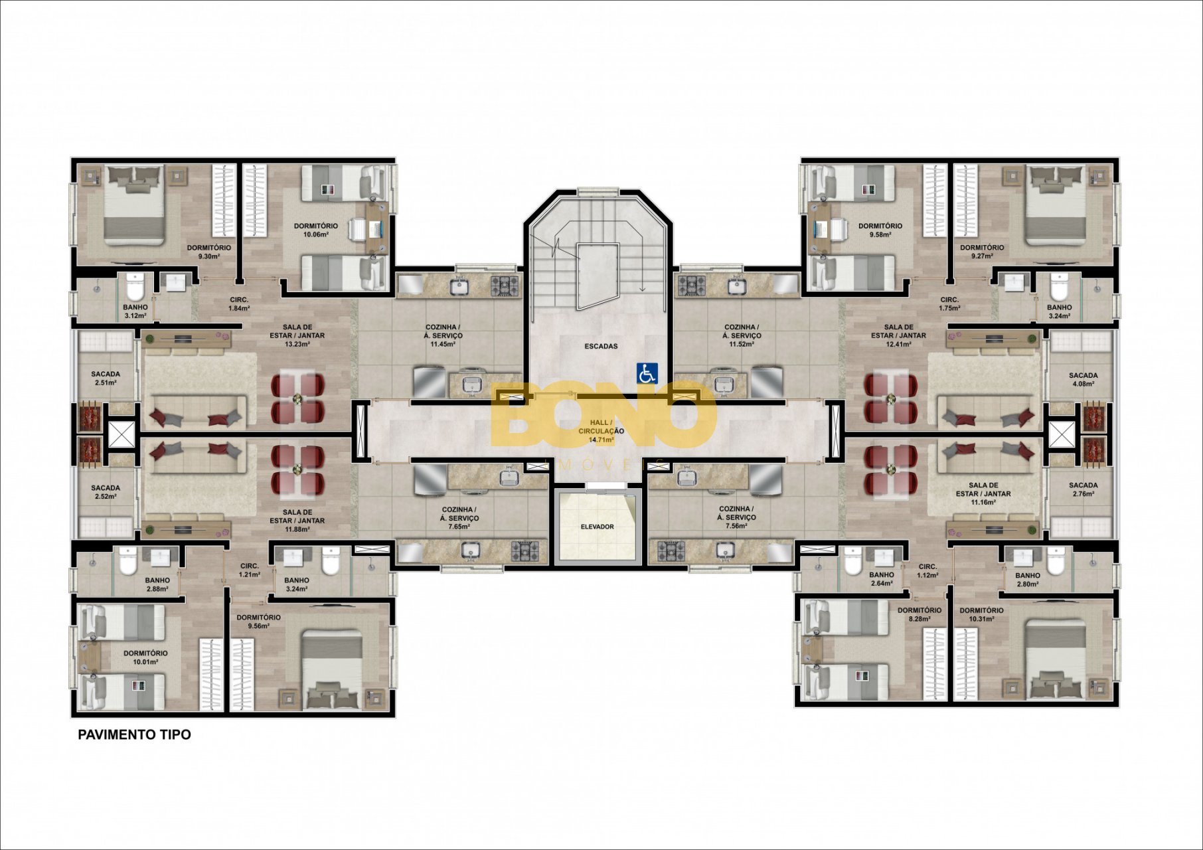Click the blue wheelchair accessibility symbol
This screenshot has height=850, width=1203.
[x=647, y=373]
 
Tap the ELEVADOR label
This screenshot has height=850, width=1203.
[x=597, y=527]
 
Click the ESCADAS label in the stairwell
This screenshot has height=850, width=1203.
[x=601, y=346]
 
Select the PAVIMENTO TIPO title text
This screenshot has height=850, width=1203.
[x=134, y=734]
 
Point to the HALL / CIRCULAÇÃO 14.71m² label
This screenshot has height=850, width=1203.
[x=601, y=431]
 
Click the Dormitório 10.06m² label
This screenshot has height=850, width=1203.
[x=316, y=230]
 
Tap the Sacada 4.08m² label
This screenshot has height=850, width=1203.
[x=1083, y=379]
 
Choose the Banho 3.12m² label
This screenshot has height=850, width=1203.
[x=135, y=311]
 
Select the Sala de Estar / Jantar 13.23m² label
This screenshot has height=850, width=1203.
[x=297, y=335]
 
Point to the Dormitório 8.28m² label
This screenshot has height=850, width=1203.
[x=919, y=614]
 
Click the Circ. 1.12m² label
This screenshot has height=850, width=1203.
[x=927, y=571]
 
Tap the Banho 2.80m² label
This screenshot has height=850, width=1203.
[x=1027, y=580]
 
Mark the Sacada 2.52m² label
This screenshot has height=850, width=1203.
[x=106, y=491]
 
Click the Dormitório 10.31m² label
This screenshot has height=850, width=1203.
[x=981, y=614]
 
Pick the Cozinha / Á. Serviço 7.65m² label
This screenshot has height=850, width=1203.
[x=459, y=518]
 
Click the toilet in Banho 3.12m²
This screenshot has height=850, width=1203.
[x=135, y=287]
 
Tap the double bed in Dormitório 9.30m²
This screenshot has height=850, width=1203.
[x=135, y=206]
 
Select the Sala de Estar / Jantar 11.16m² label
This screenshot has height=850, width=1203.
[x=983, y=493]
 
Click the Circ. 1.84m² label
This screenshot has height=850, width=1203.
[x=239, y=303]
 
